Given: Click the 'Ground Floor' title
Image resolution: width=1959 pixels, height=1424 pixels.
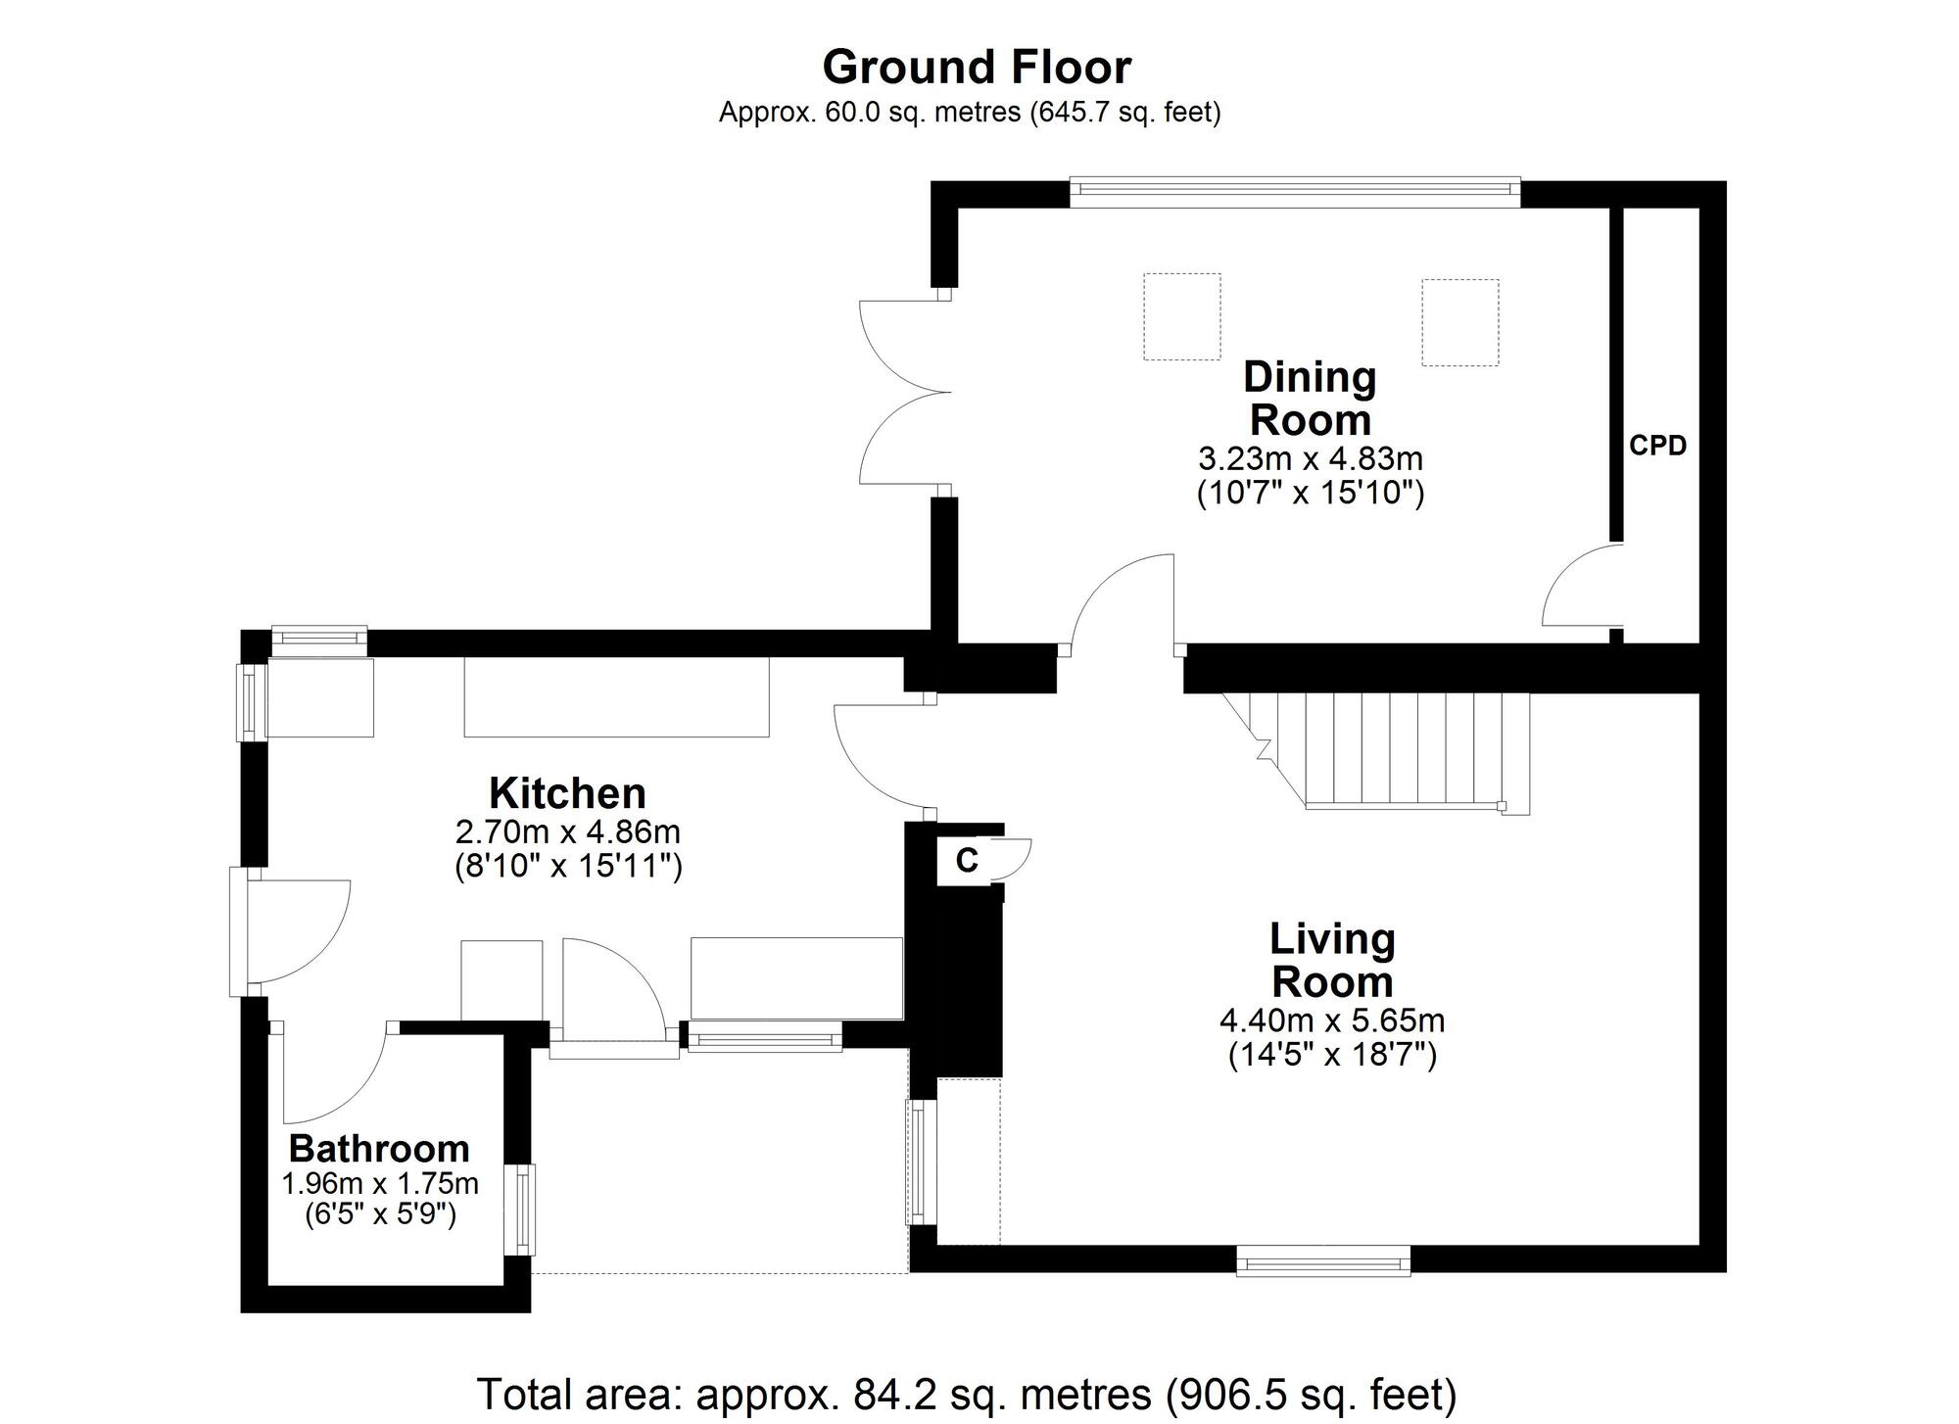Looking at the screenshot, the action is tap(977, 68).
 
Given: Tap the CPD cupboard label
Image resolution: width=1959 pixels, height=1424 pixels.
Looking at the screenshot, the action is tap(1657, 446).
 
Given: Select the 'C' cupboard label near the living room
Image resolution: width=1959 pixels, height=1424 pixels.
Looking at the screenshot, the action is tap(967, 860).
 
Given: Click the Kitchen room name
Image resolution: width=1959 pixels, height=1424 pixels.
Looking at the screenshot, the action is tap(567, 792).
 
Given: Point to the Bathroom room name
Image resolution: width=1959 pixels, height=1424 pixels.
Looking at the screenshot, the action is tap(379, 1148).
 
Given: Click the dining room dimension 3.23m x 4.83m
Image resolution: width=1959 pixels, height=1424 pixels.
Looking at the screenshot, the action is tap(1311, 458).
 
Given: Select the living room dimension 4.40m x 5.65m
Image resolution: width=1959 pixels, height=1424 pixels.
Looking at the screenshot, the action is tap(1332, 1021).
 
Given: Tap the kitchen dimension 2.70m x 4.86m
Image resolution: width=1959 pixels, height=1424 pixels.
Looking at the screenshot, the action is tap(568, 832).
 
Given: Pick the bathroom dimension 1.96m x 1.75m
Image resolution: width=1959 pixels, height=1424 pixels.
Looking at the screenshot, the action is tap(380, 1184).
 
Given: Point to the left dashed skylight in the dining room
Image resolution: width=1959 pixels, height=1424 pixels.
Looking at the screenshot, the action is tap(1182, 316).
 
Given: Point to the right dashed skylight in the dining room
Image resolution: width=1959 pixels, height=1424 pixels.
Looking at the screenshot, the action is tap(1459, 322).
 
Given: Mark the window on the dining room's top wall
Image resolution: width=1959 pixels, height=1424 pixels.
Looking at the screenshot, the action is tap(1295, 192).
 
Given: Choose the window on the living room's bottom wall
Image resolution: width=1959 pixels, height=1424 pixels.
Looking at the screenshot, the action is tap(1323, 1259).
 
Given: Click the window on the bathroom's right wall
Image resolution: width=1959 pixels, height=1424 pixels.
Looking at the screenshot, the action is tap(520, 1210).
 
